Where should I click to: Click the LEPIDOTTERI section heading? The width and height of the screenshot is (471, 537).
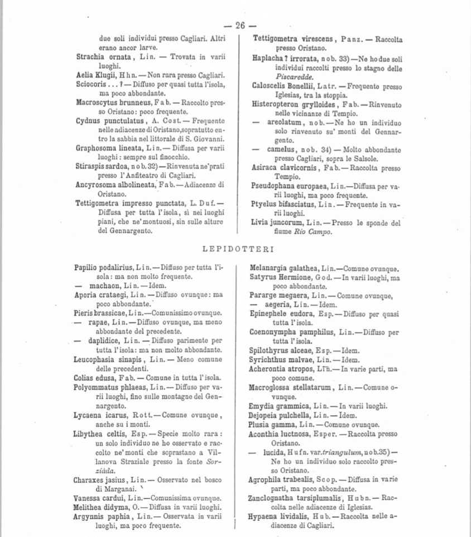pos(237,247)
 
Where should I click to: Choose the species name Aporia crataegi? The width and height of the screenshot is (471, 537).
pos(99,294)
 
